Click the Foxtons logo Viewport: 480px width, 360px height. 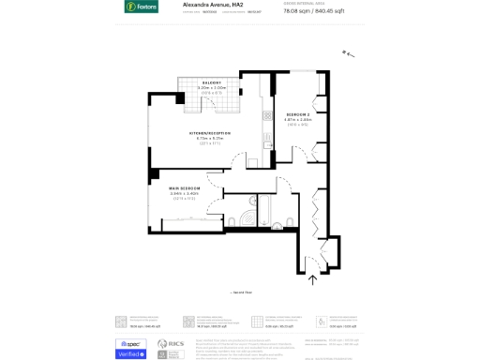[x=142, y=7]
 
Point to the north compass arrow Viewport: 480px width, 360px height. [x=350, y=54]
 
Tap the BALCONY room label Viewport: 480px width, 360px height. [x=211, y=82]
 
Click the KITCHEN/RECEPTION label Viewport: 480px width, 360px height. [x=210, y=133]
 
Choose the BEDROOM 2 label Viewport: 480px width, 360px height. [x=298, y=114]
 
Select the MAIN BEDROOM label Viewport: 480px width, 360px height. [x=185, y=188]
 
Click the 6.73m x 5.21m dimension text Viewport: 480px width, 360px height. [x=210, y=139]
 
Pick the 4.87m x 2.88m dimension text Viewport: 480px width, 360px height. [x=298, y=120]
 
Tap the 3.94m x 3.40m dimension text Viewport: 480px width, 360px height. [x=184, y=194]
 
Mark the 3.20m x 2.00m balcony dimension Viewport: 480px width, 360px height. [x=211, y=88]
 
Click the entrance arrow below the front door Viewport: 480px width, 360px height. [x=313, y=277]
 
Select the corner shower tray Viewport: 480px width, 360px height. [x=246, y=221]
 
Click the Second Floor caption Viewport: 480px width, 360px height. [x=241, y=293]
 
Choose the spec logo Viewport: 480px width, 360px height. [x=130, y=343]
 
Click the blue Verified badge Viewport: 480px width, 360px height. [x=130, y=353]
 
